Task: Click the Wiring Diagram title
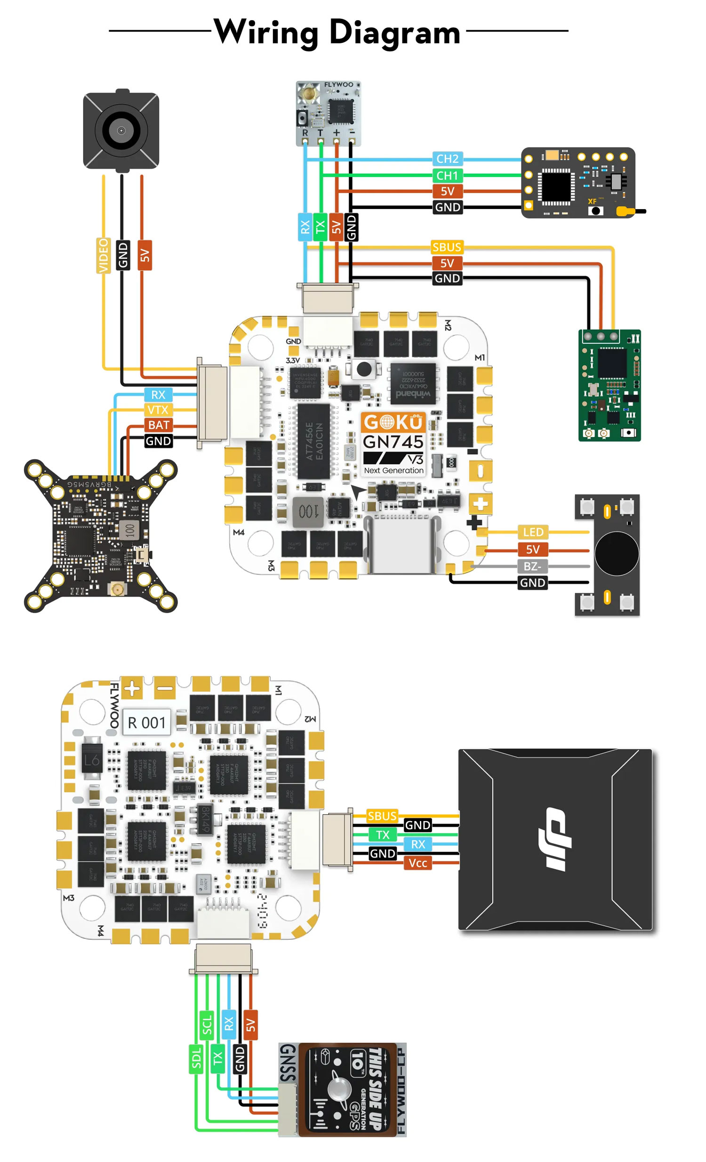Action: pyautogui.click(x=337, y=32)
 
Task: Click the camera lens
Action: pyautogui.click(x=121, y=130)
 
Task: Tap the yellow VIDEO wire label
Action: pyautogui.click(x=103, y=255)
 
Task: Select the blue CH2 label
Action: pyautogui.click(x=447, y=159)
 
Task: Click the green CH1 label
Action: pyautogui.click(x=447, y=176)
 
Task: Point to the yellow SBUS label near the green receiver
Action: pyautogui.click(x=446, y=247)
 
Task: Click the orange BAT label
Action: pyautogui.click(x=158, y=425)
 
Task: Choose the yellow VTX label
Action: pyautogui.click(x=157, y=409)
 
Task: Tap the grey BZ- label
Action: pyautogui.click(x=532, y=566)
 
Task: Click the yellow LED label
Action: pyautogui.click(x=533, y=532)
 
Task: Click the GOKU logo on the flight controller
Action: pyautogui.click(x=393, y=421)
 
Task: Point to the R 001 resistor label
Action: pyautogui.click(x=146, y=722)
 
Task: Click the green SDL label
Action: pyautogui.click(x=196, y=1059)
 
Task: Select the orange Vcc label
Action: pyautogui.click(x=417, y=863)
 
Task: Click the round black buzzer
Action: pyautogui.click(x=616, y=553)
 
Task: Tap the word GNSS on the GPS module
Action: pyautogui.click(x=288, y=1063)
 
